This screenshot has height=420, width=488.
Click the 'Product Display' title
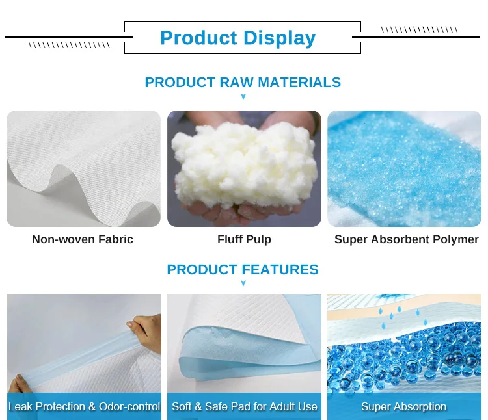point(237,38)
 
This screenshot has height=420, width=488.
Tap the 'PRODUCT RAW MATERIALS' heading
point(243,83)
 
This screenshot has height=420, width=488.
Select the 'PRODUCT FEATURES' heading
point(243,270)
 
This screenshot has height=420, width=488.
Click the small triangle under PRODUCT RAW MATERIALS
point(243,97)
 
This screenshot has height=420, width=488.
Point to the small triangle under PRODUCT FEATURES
point(243,284)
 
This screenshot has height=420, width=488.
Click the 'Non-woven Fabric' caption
point(83,239)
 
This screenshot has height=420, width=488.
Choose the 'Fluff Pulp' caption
point(244,239)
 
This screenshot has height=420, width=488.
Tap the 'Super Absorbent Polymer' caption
point(406,239)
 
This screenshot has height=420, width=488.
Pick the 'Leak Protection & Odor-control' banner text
point(84,407)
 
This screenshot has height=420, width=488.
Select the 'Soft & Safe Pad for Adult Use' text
point(244,407)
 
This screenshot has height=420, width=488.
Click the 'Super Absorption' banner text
point(403,407)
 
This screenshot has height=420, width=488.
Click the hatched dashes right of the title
point(419,29)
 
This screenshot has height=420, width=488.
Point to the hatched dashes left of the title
point(69,46)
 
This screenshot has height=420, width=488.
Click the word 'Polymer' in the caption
point(455,239)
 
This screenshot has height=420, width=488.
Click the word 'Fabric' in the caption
point(116,239)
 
